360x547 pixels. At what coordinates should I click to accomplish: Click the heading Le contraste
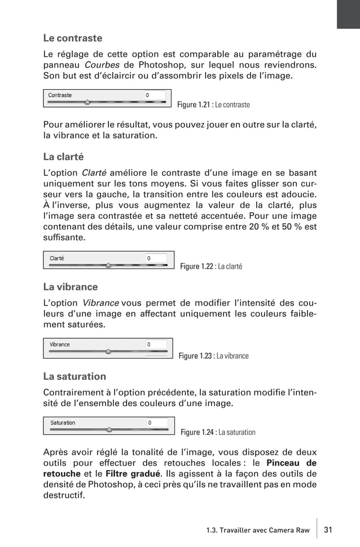click(73, 38)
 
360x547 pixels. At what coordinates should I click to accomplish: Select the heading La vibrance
click(71, 286)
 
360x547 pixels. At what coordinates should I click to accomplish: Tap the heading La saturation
click(74, 376)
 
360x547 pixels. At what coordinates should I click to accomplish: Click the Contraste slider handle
click(87, 103)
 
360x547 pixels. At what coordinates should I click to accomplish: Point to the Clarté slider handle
click(108, 265)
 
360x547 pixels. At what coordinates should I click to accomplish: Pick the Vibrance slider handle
click(108, 351)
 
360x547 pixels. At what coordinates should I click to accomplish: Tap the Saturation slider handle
click(109, 429)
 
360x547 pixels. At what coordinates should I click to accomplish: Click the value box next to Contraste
click(155, 95)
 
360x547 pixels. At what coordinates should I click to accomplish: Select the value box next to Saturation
click(156, 422)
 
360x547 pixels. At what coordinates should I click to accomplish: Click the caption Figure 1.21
click(213, 105)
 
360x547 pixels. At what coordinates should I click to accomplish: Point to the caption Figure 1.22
click(211, 266)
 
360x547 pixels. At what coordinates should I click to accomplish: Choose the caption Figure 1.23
click(213, 356)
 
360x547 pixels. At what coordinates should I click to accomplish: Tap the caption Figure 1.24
click(218, 433)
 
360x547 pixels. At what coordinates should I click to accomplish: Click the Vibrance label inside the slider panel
click(60, 344)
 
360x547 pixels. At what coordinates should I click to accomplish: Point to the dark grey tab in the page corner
click(348, 14)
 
